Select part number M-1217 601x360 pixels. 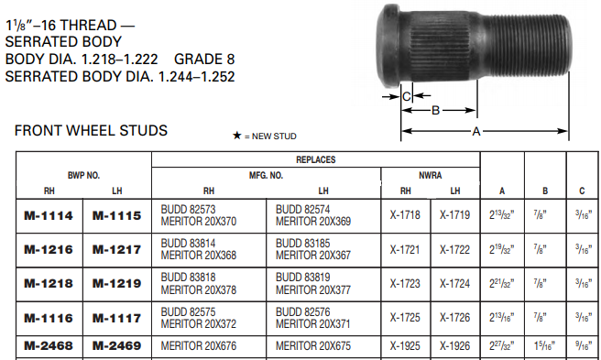click(x=115, y=249)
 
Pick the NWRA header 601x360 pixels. click(x=431, y=173)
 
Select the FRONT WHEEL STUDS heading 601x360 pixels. click(x=91, y=131)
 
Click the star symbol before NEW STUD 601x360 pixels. click(x=236, y=136)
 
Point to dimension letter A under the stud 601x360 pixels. click(x=476, y=131)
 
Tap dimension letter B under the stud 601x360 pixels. click(x=435, y=110)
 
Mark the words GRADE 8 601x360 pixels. click(x=202, y=60)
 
